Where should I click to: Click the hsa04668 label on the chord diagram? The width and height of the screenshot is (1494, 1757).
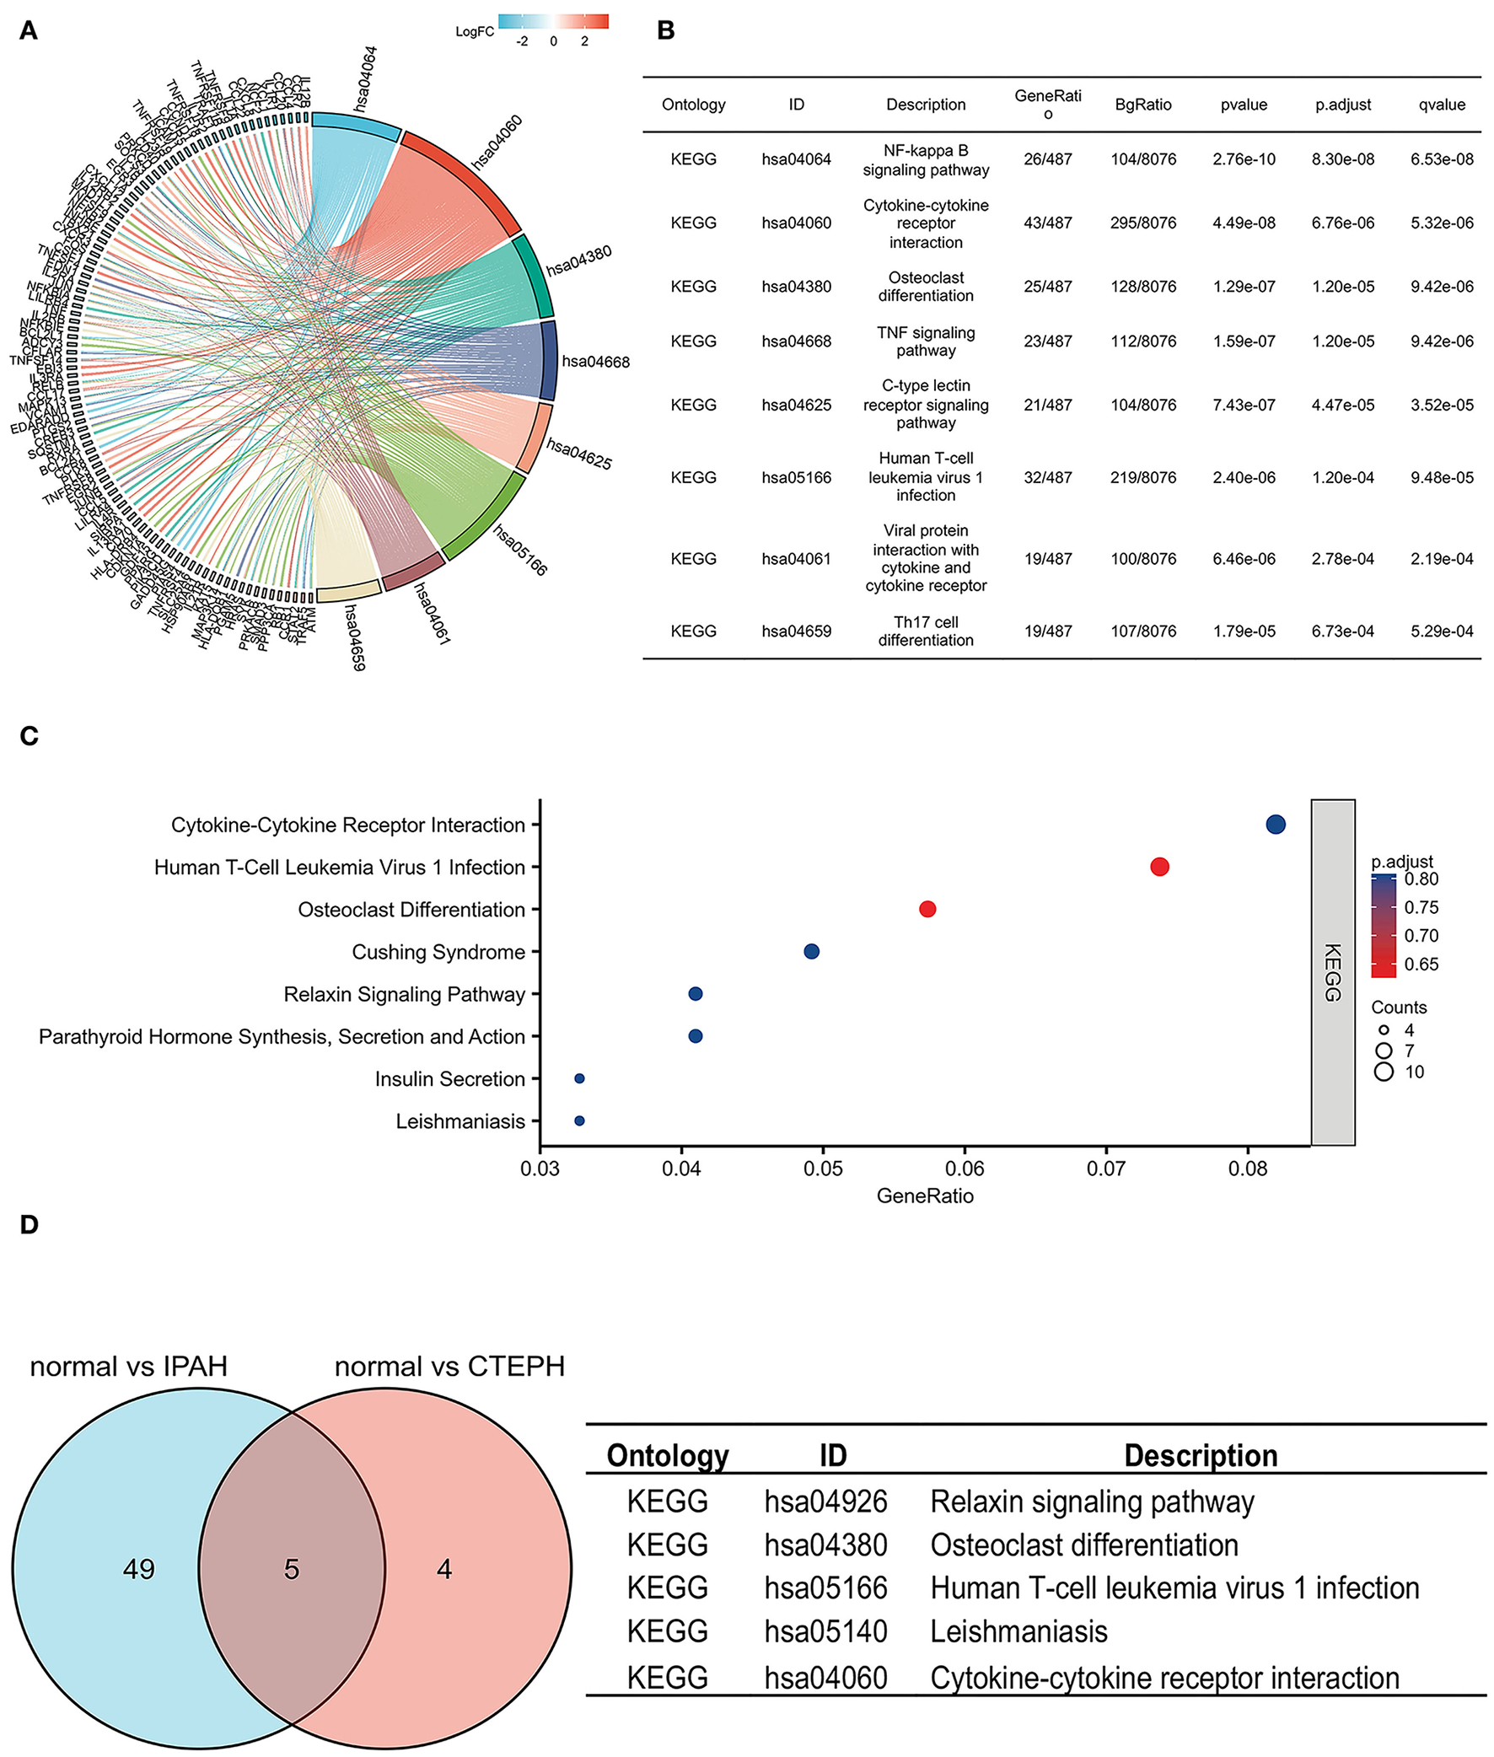595,362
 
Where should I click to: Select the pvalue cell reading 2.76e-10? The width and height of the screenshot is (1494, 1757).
1244,159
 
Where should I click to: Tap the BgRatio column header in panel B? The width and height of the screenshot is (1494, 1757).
1142,105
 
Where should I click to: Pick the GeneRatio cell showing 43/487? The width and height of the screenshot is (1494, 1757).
1048,223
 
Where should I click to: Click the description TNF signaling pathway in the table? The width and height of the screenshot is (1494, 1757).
926,341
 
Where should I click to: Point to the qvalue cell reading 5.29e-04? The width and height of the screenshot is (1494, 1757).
1442,631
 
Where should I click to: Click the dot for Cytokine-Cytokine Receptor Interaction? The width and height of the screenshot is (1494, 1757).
1276,824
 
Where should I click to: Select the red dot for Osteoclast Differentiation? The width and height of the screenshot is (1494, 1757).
927,909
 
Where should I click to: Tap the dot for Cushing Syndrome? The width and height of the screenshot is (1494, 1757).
811,951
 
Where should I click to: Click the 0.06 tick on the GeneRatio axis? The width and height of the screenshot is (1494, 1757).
965,1169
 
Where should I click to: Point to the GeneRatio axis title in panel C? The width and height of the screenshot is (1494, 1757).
925,1196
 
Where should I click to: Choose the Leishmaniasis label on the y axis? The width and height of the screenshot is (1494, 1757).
459,1121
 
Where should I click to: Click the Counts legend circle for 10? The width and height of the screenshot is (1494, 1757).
1384,1072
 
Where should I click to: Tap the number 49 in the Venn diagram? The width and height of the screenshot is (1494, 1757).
139,1569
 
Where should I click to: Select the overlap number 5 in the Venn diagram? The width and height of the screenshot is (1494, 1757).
292,1569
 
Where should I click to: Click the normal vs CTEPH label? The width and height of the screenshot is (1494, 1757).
449,1366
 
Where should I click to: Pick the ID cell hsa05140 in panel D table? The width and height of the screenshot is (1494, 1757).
825,1631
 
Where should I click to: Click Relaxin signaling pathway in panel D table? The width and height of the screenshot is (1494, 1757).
1092,1502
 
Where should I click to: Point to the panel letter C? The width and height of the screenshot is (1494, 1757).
29,736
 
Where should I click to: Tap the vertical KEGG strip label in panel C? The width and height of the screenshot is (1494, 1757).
1332,972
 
